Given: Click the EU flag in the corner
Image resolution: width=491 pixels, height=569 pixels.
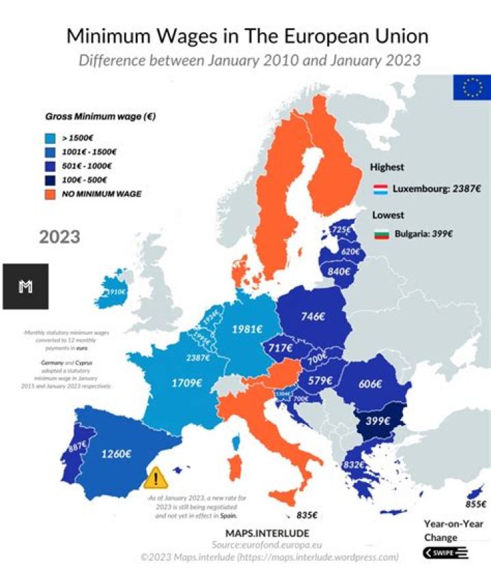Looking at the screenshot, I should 471,87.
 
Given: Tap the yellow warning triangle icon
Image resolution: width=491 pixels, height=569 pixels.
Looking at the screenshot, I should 156,477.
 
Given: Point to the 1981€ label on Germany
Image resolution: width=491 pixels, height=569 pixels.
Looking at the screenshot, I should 247,329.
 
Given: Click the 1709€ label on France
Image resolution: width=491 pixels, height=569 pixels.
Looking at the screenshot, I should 186,383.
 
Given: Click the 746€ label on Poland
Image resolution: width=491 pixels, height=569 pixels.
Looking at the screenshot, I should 313,317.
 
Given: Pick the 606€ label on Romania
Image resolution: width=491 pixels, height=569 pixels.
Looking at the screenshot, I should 370,384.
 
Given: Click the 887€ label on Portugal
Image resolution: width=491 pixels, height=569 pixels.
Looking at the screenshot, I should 77,447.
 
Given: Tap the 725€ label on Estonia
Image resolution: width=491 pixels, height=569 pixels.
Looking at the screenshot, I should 341,231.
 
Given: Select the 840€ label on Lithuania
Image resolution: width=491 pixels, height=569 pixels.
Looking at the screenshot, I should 338,272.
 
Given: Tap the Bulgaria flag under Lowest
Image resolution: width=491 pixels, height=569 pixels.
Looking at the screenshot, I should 382,234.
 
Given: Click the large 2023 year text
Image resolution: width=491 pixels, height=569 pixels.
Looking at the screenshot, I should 59,237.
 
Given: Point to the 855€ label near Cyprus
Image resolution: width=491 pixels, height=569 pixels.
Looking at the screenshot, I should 475,504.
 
